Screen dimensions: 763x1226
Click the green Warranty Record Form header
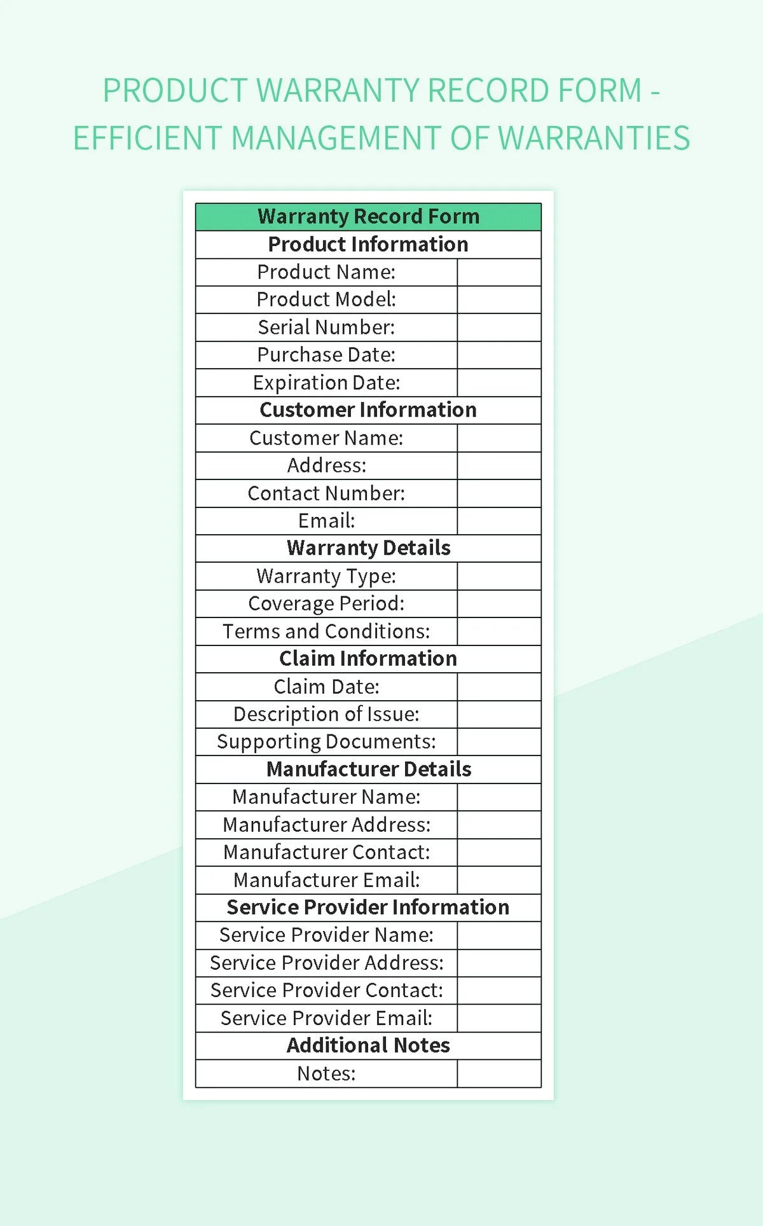[x=368, y=217]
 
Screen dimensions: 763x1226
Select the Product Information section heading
[x=368, y=244]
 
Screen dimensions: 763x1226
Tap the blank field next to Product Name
[x=499, y=272]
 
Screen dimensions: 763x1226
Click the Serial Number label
[x=326, y=327]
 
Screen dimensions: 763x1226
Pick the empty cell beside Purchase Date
[x=499, y=355]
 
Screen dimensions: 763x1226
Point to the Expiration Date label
[x=326, y=383]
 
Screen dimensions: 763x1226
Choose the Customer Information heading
[x=368, y=410]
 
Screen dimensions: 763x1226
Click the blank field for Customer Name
[x=499, y=438]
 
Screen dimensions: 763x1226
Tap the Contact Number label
[x=326, y=493]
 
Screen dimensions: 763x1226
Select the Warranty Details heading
[x=368, y=548]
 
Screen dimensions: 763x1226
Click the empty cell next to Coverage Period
[x=499, y=603]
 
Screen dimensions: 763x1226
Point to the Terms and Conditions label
[x=326, y=631]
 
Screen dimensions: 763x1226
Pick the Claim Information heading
[x=368, y=659]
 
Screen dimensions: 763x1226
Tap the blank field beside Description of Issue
[x=499, y=714]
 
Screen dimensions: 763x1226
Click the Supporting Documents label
[x=326, y=742]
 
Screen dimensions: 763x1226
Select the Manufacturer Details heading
[x=368, y=769]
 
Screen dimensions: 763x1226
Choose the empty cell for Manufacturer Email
[x=499, y=880]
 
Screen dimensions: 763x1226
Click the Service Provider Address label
[x=326, y=963]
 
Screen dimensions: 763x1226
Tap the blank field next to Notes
[x=499, y=1073]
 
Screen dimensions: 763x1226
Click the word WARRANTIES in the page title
[x=594, y=139]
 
